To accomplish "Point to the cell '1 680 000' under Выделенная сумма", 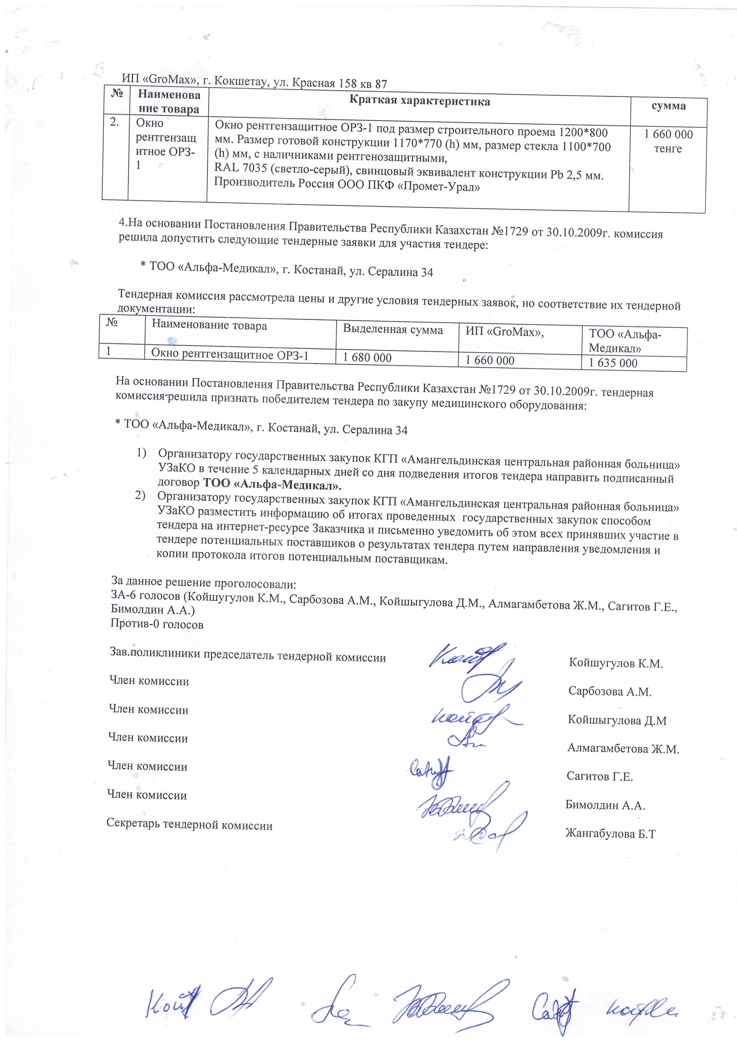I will [x=367, y=358].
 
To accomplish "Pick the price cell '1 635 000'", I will [x=613, y=363].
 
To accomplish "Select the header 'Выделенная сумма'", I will [x=393, y=330].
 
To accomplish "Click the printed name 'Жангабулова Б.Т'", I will [x=610, y=833].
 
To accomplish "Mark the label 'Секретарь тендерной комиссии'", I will [x=189, y=825].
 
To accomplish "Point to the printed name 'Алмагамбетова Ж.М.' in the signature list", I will [x=623, y=749].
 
